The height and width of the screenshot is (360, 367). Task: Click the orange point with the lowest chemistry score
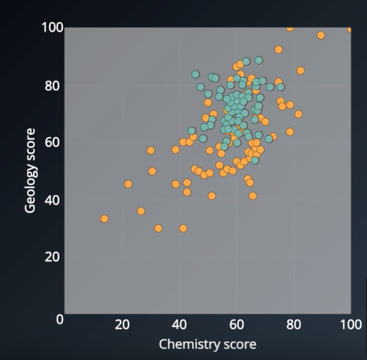(x=104, y=218)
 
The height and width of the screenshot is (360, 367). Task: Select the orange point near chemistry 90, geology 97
(x=321, y=35)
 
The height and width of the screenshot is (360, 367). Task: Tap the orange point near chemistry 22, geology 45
(x=128, y=184)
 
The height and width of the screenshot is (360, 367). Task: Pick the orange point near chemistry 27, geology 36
(x=141, y=211)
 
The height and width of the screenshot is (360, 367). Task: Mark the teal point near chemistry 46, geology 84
(x=196, y=75)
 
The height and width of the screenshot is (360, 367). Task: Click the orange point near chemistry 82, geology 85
(x=300, y=70)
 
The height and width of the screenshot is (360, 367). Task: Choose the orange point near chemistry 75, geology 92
(x=278, y=49)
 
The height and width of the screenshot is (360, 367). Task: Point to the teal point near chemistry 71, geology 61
(x=269, y=139)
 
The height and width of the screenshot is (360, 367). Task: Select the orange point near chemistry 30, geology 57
(x=151, y=150)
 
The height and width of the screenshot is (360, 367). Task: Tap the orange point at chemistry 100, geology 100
(x=350, y=29)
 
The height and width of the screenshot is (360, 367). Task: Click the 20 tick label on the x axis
(x=122, y=325)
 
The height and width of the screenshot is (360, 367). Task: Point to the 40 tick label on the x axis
(x=179, y=325)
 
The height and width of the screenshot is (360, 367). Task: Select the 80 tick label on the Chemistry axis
(x=294, y=325)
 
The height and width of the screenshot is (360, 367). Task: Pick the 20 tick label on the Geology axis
(x=52, y=257)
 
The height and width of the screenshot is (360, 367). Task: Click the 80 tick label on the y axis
(x=52, y=86)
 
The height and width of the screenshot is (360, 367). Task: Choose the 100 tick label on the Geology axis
(x=52, y=28)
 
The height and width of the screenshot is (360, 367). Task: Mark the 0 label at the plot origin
(x=60, y=319)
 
